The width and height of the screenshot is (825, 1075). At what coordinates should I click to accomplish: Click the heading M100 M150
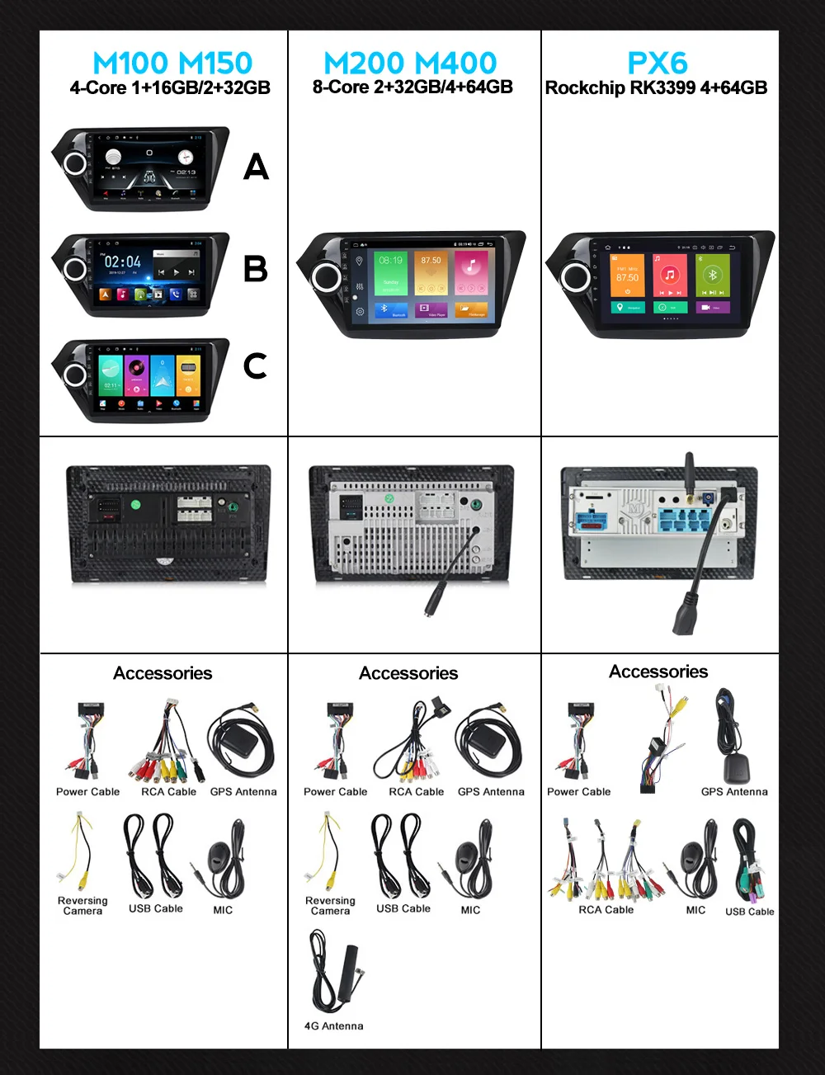[172, 63]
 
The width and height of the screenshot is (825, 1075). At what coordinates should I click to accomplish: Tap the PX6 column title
[658, 63]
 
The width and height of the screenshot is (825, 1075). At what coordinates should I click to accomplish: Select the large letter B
[256, 269]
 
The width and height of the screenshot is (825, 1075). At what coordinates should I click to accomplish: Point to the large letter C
[256, 365]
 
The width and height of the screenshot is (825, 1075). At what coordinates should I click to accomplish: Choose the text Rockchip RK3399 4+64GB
[657, 88]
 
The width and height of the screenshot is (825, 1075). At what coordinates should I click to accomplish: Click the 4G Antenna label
[333, 1026]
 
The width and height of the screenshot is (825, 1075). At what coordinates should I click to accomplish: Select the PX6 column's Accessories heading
[658, 672]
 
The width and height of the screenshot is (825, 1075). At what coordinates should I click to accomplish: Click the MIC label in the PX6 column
[695, 910]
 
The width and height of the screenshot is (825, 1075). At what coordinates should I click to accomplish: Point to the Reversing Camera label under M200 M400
[330, 906]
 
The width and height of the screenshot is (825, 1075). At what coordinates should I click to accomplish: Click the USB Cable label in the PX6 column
[749, 912]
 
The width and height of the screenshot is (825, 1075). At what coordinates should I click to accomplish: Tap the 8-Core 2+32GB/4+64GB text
[412, 87]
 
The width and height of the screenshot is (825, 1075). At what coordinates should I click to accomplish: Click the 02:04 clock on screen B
[122, 262]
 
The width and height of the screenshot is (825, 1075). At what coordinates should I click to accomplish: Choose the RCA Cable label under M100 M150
[168, 792]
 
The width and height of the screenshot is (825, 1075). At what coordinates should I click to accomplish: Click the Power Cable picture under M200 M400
[337, 740]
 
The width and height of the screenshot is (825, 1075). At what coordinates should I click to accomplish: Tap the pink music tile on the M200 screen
[471, 273]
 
